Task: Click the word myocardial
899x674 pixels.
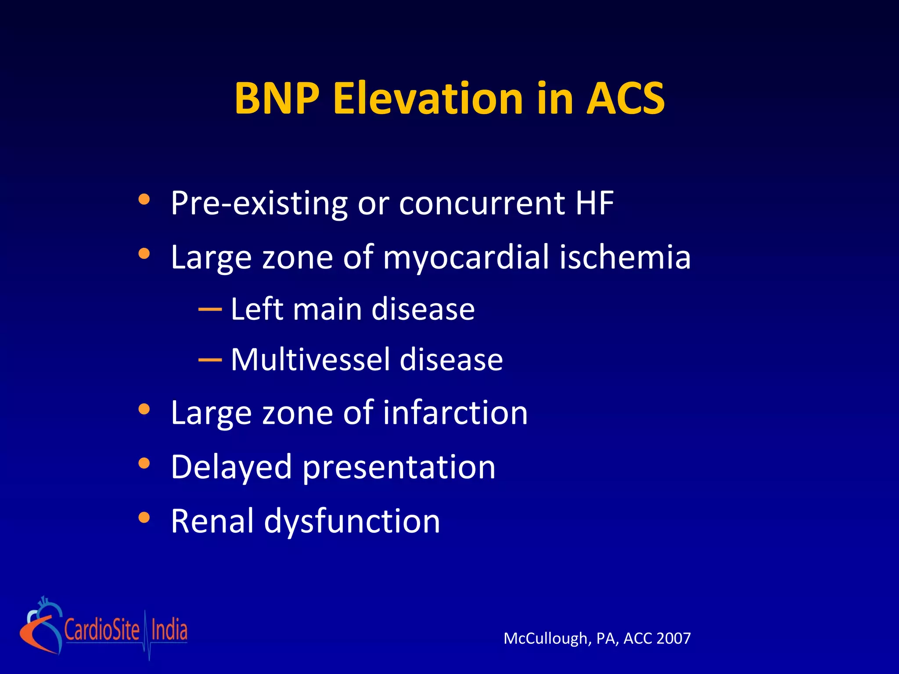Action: click(466, 258)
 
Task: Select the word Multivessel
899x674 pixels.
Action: click(310, 359)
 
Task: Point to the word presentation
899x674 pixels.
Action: click(399, 468)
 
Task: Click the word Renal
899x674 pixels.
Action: click(212, 521)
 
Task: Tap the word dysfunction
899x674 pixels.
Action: click(352, 522)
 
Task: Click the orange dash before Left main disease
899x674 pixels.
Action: click(210, 309)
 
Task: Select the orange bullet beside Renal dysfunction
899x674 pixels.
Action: click(144, 518)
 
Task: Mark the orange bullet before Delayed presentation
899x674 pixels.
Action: click(144, 463)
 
